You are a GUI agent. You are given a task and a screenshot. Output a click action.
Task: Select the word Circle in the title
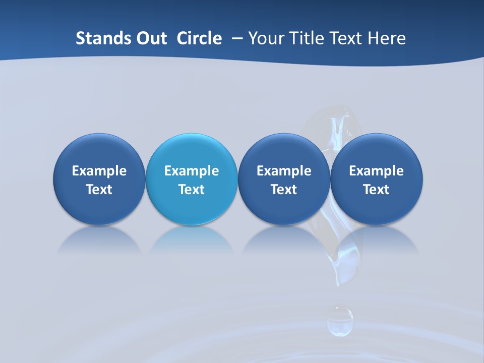pyautogui.click(x=199, y=38)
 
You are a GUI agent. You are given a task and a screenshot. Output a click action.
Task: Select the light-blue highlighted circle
pyautogui.click(x=192, y=179)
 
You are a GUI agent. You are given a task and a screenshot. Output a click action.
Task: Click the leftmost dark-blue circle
pyautogui.click(x=99, y=179)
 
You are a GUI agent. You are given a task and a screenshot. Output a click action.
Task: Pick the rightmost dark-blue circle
pyautogui.click(x=376, y=179)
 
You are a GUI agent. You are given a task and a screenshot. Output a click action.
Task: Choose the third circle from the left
pyautogui.click(x=284, y=179)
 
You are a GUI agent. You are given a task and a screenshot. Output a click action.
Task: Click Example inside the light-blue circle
pyautogui.click(x=192, y=171)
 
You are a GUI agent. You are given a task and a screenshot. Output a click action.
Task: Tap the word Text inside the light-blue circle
pyautogui.click(x=192, y=190)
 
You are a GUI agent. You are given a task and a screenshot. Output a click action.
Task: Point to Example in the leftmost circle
pyautogui.click(x=99, y=171)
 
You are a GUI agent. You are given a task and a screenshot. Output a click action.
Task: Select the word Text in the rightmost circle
pyautogui.click(x=376, y=190)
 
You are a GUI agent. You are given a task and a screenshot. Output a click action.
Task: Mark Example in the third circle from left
pyautogui.click(x=284, y=171)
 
